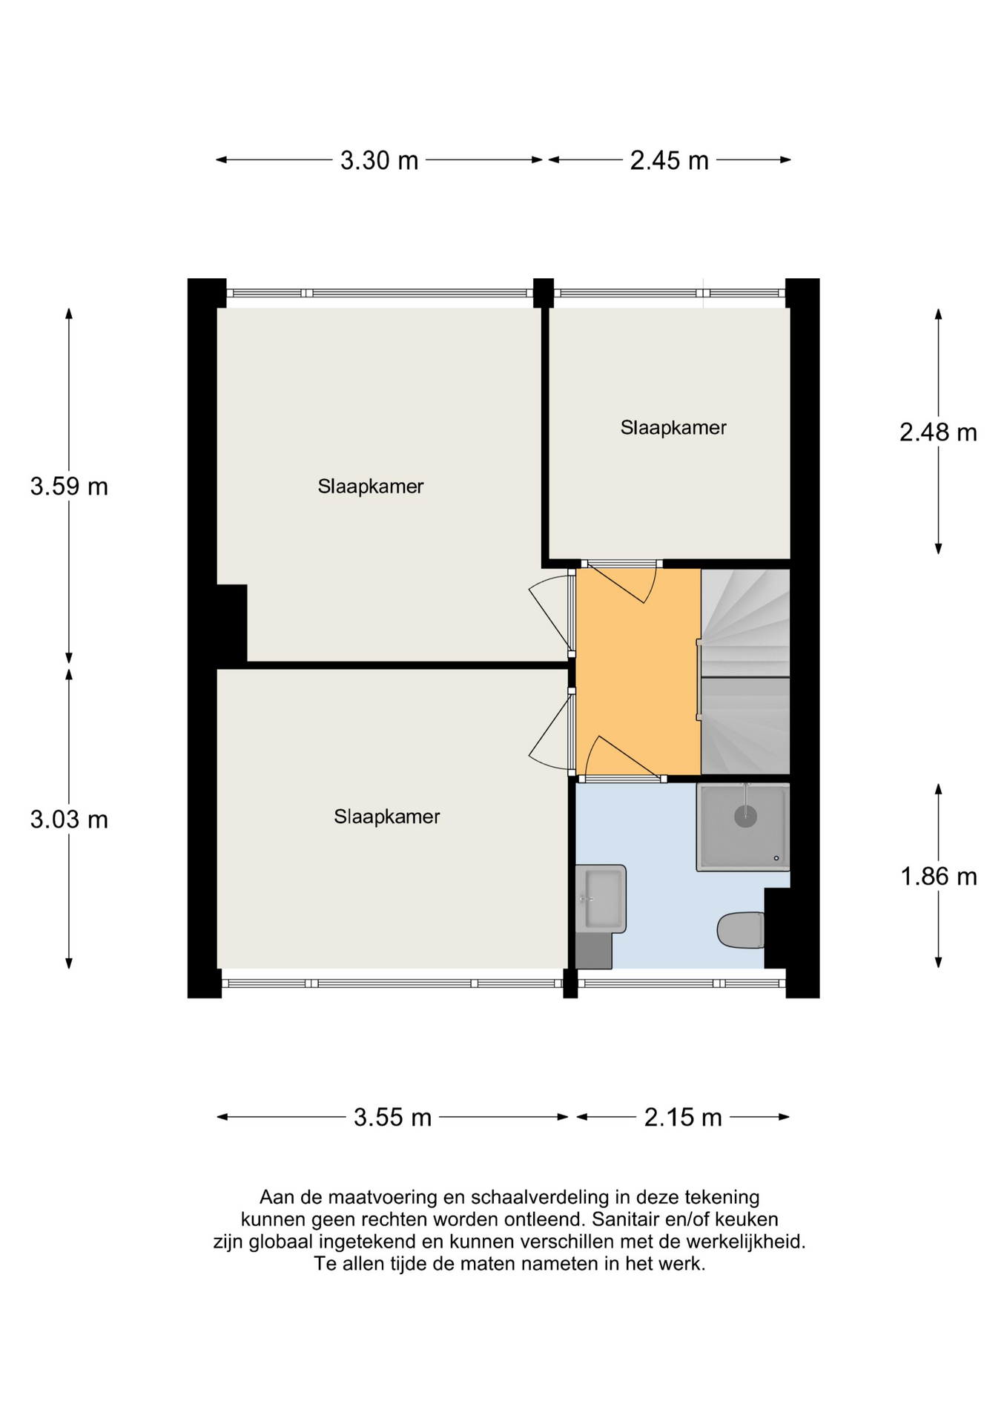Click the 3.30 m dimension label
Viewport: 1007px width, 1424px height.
coord(379,160)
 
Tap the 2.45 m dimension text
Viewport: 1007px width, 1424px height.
coord(669,160)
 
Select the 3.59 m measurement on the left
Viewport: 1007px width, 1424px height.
coord(69,487)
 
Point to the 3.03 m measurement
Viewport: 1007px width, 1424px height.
coord(69,820)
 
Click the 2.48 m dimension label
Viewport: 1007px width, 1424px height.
coord(938,432)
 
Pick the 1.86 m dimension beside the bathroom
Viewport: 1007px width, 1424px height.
coord(938,877)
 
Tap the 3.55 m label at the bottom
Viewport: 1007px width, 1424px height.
coord(392,1117)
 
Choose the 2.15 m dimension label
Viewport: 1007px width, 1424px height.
coord(682,1117)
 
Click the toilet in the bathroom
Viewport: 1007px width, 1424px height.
coord(741,930)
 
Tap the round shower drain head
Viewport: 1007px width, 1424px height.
coord(745,817)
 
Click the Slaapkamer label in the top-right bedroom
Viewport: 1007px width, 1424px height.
coord(673,428)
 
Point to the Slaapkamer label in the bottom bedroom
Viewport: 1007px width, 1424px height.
coord(386,817)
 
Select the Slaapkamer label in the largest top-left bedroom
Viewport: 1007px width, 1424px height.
coord(371,487)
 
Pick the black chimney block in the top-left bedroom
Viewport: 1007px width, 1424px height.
coord(231,622)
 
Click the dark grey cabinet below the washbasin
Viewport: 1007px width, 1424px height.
coord(594,952)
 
